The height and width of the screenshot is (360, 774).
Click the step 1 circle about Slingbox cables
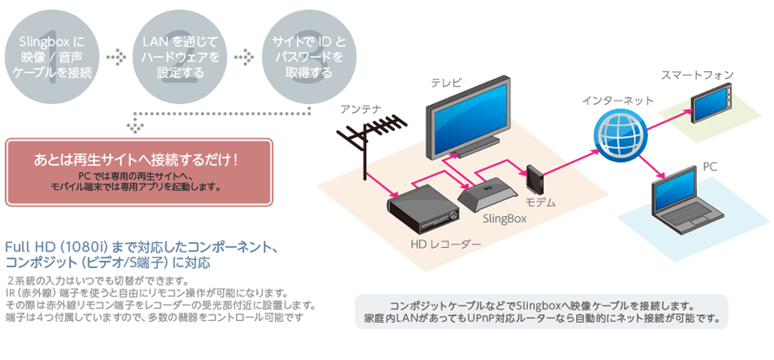point(53,57)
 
